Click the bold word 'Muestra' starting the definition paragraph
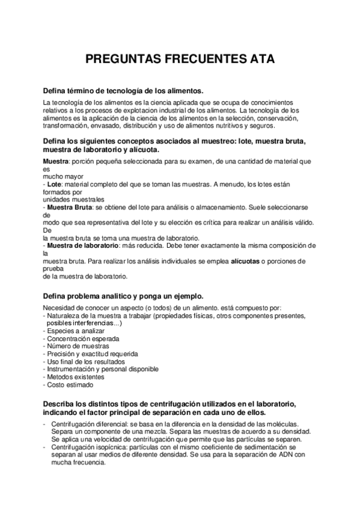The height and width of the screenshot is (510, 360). tap(56, 162)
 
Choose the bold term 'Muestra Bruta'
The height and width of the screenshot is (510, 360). tap(67, 207)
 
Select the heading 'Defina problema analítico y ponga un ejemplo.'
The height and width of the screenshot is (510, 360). tap(123, 296)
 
